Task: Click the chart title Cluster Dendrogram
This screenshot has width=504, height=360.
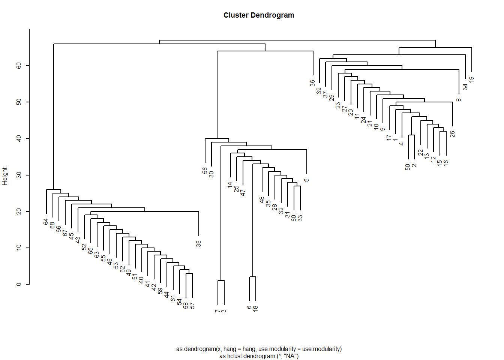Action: pos(259,15)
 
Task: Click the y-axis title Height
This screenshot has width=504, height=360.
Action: pos(5,176)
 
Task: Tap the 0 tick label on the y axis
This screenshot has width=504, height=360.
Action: pos(19,284)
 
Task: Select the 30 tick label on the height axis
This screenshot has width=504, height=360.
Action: pos(19,175)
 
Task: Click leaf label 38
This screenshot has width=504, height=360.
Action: pos(198,244)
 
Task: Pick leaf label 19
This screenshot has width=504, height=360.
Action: pos(472,79)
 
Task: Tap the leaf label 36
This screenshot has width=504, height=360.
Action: pos(313,83)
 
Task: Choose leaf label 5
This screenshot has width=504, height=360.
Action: pos(307,180)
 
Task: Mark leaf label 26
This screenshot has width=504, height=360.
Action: pos(453,134)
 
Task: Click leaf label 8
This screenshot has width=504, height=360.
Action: pos(459,100)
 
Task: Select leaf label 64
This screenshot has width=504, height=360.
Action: pos(46,222)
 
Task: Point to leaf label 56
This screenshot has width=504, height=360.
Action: pos(205,170)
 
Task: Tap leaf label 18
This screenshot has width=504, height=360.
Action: pos(255,309)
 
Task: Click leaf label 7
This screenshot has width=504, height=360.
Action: pos(217,311)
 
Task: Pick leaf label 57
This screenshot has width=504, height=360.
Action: pos(192,306)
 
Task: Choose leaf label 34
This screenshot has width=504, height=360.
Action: pos(465,87)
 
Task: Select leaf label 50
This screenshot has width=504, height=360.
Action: pos(408,167)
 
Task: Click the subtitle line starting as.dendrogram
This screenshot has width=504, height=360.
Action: pos(259,349)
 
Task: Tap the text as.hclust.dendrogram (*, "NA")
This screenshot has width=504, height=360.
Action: pos(259,356)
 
